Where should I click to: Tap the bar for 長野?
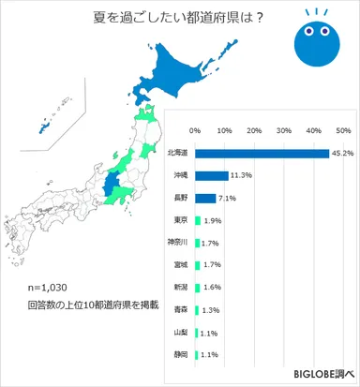204,198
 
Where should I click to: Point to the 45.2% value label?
341,153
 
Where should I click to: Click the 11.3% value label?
242,175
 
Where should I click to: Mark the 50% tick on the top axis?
343,130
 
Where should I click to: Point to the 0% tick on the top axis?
195,130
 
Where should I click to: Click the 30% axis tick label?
284,130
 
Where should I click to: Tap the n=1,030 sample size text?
50,287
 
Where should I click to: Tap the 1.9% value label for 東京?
212,220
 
